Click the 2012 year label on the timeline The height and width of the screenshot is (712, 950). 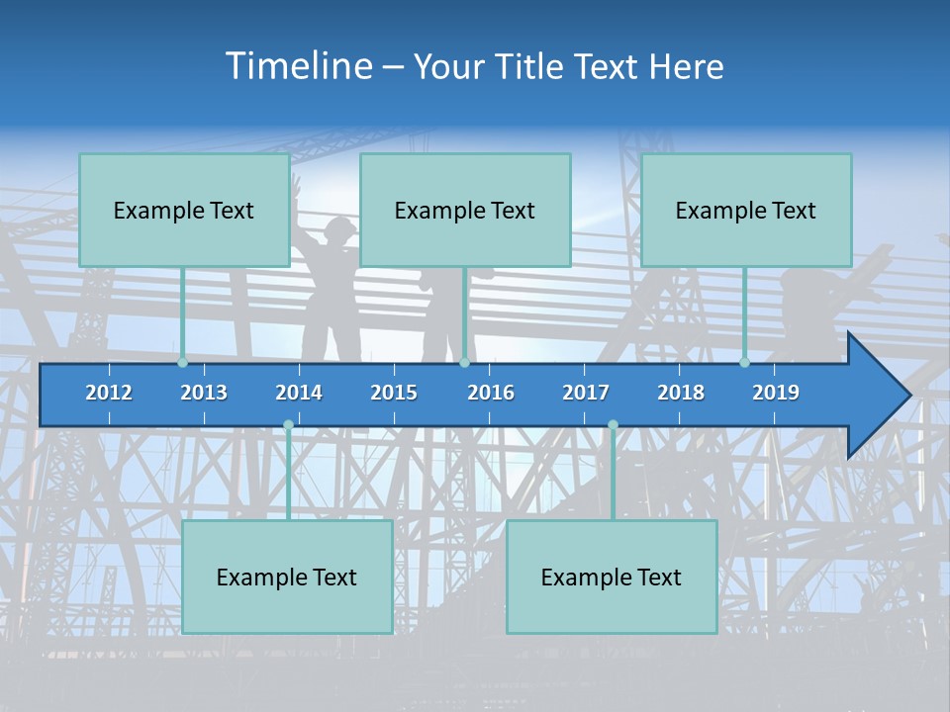click(x=109, y=393)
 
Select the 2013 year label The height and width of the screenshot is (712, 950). click(x=204, y=393)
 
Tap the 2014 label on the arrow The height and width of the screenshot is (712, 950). click(x=299, y=393)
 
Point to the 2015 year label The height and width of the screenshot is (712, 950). click(x=394, y=393)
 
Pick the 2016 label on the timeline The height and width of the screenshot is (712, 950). click(x=491, y=393)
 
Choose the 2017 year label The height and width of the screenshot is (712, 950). click(x=586, y=393)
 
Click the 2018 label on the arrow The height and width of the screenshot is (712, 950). click(x=681, y=393)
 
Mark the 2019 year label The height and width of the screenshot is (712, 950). click(x=776, y=393)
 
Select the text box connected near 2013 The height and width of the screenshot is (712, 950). click(x=184, y=210)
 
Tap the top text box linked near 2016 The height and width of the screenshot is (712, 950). click(x=465, y=210)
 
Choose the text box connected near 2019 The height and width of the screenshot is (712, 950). click(x=746, y=210)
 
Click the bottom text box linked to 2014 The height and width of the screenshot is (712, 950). click(x=287, y=577)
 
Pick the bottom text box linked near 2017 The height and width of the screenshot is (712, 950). click(x=612, y=577)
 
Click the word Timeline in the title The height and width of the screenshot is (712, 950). click(x=297, y=66)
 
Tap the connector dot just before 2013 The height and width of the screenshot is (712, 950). click(x=182, y=363)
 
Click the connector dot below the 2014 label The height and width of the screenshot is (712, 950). click(x=288, y=425)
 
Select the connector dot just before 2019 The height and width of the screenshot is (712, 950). click(x=744, y=363)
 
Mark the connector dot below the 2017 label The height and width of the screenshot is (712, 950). click(x=613, y=425)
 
